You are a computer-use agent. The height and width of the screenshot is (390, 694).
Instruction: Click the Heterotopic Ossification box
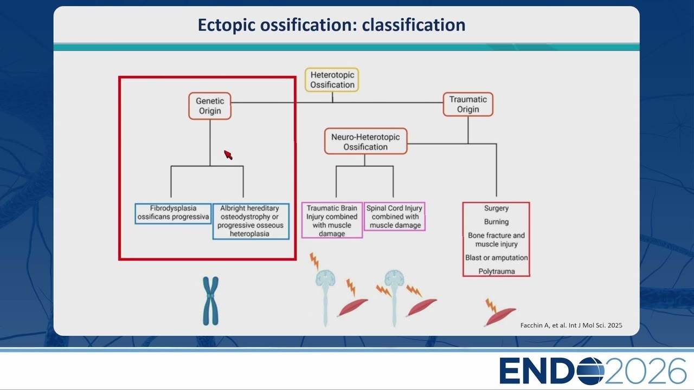(332, 80)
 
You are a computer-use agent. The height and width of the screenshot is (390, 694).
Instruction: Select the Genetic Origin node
(210, 106)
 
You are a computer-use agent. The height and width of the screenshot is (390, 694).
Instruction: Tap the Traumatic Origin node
(468, 105)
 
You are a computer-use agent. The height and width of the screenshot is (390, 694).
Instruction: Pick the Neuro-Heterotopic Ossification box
(365, 141)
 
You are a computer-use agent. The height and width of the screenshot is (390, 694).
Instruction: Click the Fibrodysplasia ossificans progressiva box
(173, 213)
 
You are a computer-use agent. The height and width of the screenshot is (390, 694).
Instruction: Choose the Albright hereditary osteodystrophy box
(250, 221)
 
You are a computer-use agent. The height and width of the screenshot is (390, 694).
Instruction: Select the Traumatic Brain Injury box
(332, 220)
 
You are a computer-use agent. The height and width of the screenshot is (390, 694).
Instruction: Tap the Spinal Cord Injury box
(394, 217)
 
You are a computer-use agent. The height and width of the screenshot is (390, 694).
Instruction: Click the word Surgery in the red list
(496, 209)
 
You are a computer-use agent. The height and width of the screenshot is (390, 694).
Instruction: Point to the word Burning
(496, 222)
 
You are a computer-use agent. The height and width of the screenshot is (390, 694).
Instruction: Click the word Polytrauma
(496, 271)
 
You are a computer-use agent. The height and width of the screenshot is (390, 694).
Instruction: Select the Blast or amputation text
(496, 258)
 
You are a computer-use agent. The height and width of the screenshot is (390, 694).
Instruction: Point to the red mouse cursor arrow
(228, 154)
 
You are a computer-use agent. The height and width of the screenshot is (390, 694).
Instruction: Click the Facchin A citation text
(571, 326)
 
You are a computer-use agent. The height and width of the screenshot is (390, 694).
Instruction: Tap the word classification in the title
(414, 25)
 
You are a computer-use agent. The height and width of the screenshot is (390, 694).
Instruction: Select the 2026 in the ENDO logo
(645, 371)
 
